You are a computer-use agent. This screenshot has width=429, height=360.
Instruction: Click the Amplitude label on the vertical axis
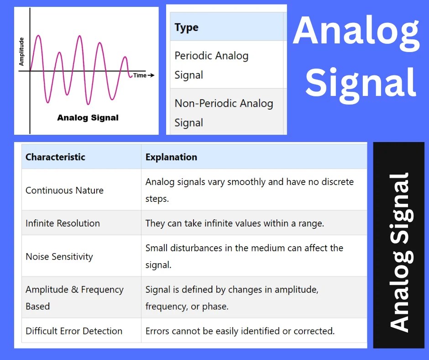(x=21, y=51)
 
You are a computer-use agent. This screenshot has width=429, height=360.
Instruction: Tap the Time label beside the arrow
(x=140, y=75)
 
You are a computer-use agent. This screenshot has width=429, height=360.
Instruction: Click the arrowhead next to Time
(x=152, y=75)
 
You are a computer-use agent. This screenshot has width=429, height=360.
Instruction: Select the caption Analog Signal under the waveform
(x=88, y=118)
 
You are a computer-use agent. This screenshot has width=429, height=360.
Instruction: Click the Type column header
(x=187, y=27)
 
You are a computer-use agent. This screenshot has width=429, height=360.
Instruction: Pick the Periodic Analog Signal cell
(x=211, y=65)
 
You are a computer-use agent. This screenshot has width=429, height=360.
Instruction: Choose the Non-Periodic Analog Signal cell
(x=224, y=113)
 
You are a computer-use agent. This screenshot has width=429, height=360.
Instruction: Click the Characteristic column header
(x=55, y=157)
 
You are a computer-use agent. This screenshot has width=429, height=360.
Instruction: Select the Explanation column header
(x=171, y=157)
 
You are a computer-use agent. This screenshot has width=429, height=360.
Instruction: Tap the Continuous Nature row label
(x=64, y=191)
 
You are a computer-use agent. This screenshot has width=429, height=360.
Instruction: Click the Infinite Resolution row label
(x=63, y=223)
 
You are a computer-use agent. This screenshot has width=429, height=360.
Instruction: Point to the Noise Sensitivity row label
(x=59, y=257)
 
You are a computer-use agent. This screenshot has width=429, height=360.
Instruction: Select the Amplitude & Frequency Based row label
(x=74, y=298)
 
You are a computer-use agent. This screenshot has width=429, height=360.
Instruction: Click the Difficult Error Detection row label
(x=74, y=331)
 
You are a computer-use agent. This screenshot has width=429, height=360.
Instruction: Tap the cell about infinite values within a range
(x=235, y=223)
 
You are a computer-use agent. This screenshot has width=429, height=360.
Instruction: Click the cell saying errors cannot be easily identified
(x=240, y=331)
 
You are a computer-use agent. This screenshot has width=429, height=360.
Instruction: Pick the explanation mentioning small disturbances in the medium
(x=244, y=256)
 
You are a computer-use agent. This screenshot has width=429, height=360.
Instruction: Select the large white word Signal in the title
(x=361, y=82)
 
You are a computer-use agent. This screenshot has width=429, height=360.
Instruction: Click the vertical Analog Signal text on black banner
(x=399, y=252)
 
